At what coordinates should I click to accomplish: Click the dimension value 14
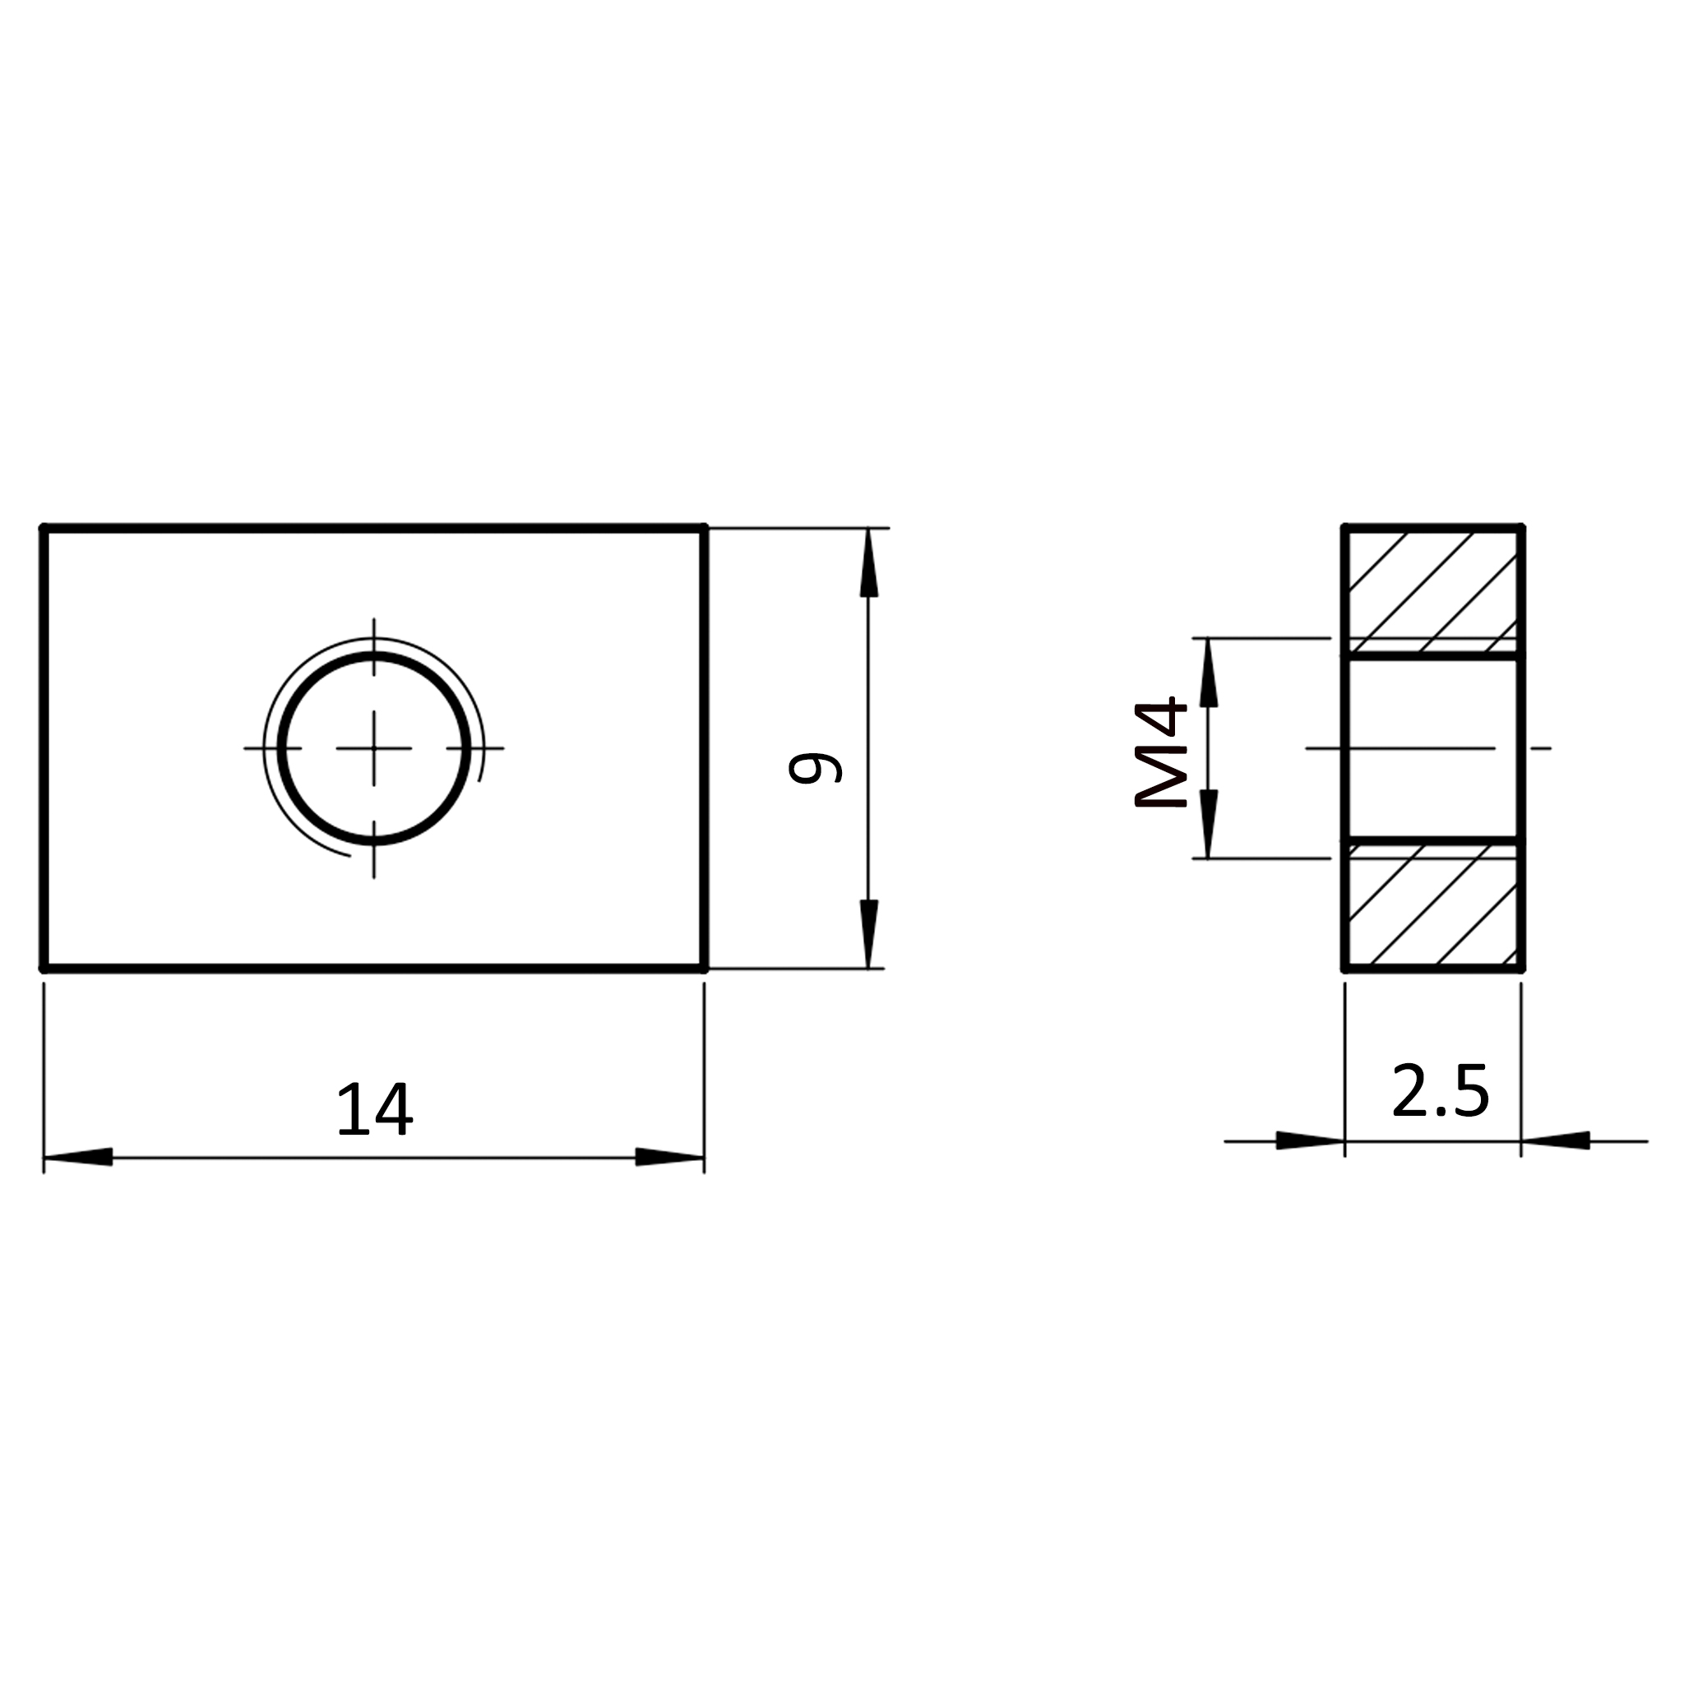(375, 1109)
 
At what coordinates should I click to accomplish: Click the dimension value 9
(815, 768)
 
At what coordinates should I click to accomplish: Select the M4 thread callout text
(1160, 752)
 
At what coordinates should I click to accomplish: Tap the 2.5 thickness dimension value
(1441, 1090)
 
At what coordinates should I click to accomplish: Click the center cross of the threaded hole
(374, 748)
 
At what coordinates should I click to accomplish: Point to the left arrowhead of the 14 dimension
(78, 1157)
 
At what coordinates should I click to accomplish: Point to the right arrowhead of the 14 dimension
(669, 1157)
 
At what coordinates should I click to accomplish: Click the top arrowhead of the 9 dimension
(868, 563)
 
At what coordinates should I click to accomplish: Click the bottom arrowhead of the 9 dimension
(868, 933)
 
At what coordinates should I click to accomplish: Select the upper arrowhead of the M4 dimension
(1208, 673)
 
